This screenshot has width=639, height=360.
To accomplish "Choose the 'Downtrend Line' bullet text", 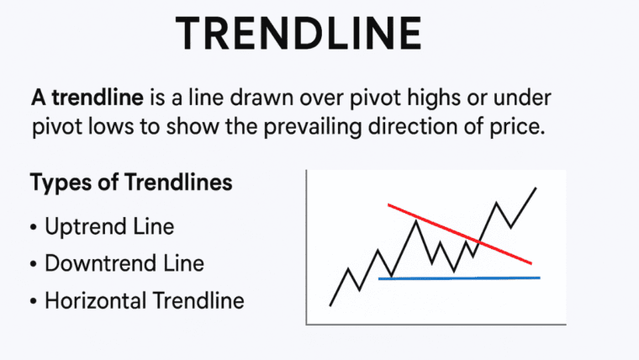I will click(124, 263).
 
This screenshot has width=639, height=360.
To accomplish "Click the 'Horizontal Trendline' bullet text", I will click(144, 299).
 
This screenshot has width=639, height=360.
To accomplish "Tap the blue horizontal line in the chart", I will click(459, 278).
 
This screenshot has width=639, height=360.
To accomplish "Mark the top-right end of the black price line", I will click(536, 188).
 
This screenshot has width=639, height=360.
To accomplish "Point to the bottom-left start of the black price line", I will click(330, 304).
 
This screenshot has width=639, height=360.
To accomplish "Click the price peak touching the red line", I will click(415, 220).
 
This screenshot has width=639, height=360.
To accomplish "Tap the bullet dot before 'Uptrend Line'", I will click(33, 228).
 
